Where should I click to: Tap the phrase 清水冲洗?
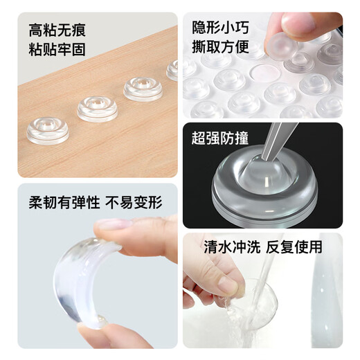pos(227,247)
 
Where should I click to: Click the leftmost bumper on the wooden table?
pos(48,129)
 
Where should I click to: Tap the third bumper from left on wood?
pos(143,88)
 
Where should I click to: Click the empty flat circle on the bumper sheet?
pos(262,71)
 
